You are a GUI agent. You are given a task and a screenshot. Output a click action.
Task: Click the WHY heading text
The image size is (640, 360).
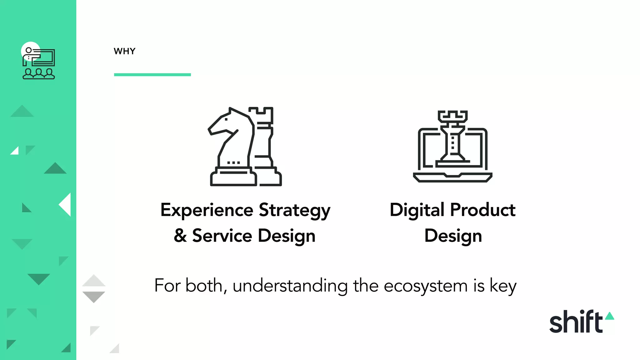point(124,51)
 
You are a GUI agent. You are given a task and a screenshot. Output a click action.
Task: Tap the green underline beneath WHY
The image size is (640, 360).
point(152,75)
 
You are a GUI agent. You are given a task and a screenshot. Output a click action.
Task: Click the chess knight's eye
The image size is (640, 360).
point(226,119)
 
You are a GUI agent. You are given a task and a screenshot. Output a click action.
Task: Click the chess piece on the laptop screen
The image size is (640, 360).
point(452,137)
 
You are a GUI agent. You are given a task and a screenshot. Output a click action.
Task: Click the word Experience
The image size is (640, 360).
point(207,210)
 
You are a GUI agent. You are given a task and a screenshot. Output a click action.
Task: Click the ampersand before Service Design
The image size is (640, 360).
point(180,235)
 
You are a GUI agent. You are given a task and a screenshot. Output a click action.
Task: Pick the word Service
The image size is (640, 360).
point(222,236)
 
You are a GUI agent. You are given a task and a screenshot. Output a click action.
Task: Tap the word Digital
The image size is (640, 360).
point(417,210)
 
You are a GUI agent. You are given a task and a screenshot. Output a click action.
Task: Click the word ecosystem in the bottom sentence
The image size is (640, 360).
point(425,286)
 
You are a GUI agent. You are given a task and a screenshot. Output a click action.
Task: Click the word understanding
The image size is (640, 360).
point(290,286)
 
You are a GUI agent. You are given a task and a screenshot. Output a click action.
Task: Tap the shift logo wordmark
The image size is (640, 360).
point(576,322)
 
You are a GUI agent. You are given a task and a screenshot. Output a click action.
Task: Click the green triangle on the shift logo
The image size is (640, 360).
point(609,316)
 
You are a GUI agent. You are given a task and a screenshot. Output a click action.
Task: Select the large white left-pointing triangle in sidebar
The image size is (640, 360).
point(66,205)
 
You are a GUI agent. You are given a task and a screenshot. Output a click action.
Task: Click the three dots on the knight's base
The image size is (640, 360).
point(233,162)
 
